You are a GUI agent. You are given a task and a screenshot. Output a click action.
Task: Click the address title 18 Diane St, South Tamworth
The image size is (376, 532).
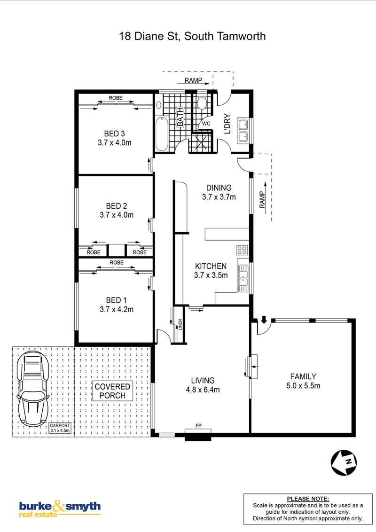click(192, 36)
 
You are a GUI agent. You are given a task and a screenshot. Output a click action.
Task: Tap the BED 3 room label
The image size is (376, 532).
click(114, 133)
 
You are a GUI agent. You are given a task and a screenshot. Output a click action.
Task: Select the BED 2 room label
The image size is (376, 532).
click(117, 206)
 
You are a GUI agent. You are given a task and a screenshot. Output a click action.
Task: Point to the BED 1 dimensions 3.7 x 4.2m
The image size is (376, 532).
click(117, 309)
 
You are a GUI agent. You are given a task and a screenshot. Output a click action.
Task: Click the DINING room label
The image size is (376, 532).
click(219, 188)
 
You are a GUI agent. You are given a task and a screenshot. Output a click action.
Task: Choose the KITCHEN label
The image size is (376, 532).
click(211, 266)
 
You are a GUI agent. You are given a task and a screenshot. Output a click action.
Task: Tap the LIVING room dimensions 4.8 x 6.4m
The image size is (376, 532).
click(203, 390)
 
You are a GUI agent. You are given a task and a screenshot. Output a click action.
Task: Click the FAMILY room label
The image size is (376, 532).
click(303, 376)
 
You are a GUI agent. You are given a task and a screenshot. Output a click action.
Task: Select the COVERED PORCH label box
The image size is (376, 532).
click(112, 391)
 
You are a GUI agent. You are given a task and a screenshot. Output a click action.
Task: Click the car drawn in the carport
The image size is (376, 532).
click(33, 388)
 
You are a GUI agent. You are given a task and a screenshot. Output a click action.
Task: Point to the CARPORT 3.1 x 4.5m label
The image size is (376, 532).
click(60, 428)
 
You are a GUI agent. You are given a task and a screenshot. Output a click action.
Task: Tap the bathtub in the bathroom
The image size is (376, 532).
click(162, 133)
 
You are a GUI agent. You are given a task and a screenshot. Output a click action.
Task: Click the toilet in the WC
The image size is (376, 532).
click(202, 103)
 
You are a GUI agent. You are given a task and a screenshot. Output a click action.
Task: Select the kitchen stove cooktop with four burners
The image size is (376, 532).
click(242, 250)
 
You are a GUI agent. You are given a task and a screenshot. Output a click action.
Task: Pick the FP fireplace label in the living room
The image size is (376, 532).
click(198, 425)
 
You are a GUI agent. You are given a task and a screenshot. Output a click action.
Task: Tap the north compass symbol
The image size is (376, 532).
click(344, 462)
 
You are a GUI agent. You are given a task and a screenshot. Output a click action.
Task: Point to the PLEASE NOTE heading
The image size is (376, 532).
click(308, 499)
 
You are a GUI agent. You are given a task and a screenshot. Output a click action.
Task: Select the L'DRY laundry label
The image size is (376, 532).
click(227, 124)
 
